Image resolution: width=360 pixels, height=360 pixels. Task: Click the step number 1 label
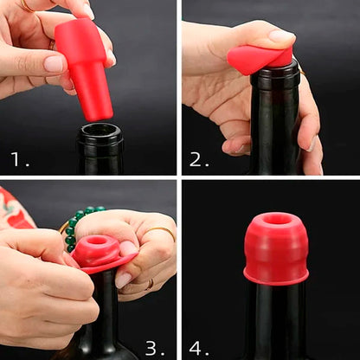pos(18,158)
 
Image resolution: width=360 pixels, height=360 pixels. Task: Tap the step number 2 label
pos(198,158)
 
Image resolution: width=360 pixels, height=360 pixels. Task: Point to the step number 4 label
pos(198,347)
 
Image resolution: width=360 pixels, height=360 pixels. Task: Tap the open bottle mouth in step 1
pos(100,132)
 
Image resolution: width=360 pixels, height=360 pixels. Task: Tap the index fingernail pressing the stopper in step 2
pos(282,36)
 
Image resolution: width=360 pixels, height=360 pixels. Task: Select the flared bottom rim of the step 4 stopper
pos(276,277)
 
